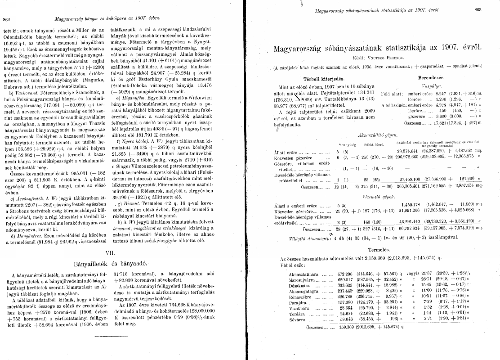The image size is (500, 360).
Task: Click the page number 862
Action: click(x=7, y=19)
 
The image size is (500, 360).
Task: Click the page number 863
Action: click(x=490, y=9)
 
